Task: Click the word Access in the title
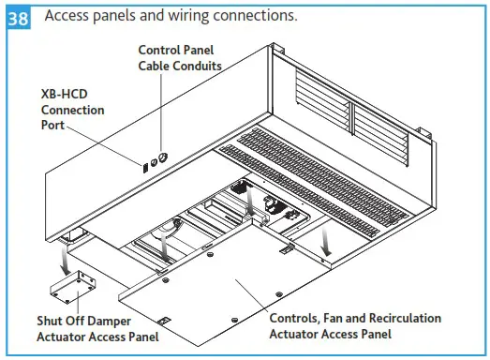click(70, 16)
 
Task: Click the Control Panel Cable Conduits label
click(180, 57)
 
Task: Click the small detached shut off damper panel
click(76, 282)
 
